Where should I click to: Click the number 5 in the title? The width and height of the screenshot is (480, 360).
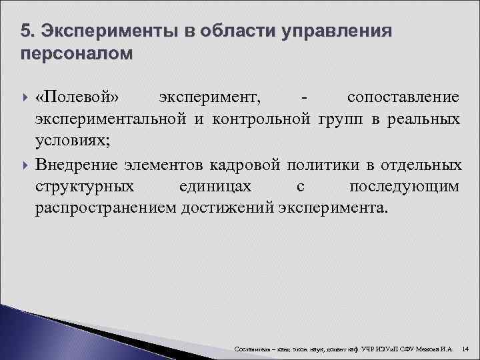25,31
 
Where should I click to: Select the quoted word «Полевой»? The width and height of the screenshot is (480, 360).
78,97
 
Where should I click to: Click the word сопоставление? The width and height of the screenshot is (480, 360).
403,97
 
